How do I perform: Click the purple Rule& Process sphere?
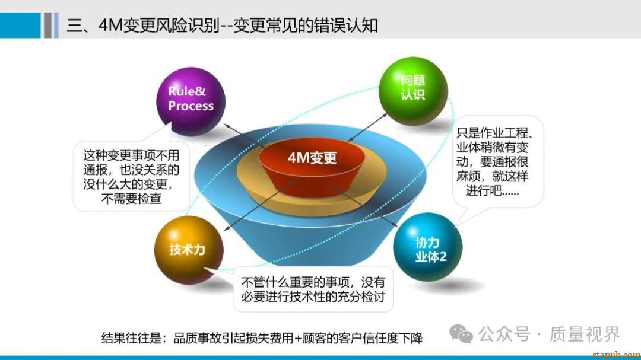tap(191, 101)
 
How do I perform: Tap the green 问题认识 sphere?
tap(413, 91)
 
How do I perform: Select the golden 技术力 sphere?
tap(189, 250)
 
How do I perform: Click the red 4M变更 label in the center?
tap(312, 158)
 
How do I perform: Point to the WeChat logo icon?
tap(461, 334)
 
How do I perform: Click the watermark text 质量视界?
tap(585, 334)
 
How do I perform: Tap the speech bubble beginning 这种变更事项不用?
tap(131, 177)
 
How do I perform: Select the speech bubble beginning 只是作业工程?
tap(498, 162)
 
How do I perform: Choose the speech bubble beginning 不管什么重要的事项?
tap(313, 289)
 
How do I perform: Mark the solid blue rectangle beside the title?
tap(20, 26)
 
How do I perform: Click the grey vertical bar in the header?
tap(48, 26)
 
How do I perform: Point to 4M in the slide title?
tap(110, 26)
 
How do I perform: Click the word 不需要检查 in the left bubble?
tap(131, 199)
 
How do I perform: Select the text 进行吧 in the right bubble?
tap(484, 190)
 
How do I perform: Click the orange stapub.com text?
tap(617, 354)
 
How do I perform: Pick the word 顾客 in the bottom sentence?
tap(314, 338)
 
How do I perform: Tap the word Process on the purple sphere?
tap(191, 106)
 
